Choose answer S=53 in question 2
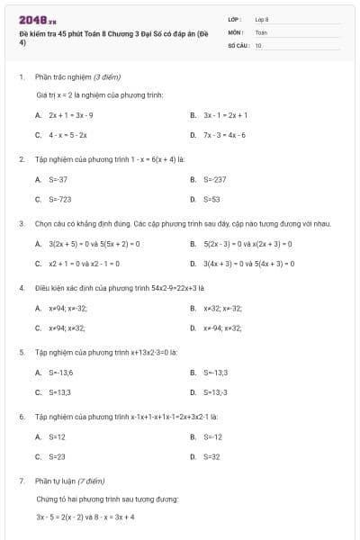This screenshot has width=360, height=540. [x=211, y=199]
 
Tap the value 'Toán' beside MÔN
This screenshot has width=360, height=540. [x=261, y=31]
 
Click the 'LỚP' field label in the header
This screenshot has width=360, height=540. [x=235, y=19]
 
